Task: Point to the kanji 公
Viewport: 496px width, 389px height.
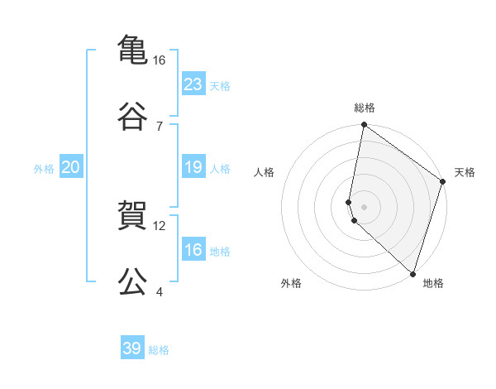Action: (132, 280)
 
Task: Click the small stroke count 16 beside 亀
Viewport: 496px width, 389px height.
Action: (160, 60)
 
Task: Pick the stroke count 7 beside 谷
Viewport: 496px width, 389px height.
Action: (160, 125)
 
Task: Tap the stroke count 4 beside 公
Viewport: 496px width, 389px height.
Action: (160, 291)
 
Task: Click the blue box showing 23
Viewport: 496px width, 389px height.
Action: (193, 84)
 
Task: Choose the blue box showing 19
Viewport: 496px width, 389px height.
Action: (193, 167)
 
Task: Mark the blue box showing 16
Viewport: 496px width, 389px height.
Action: (193, 250)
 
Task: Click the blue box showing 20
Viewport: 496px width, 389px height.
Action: (70, 167)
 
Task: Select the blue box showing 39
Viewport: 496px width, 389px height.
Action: (131, 348)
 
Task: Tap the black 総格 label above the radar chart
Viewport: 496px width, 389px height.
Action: (364, 108)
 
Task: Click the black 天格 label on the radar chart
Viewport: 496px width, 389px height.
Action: (465, 172)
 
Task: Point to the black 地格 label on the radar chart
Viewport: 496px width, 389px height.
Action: (433, 283)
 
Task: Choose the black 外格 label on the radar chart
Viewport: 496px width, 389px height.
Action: (291, 283)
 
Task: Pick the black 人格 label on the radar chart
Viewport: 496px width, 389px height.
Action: (265, 172)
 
